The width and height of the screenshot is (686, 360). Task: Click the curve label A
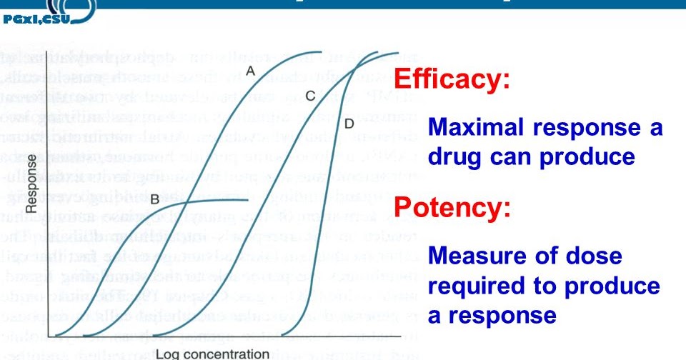coord(250,70)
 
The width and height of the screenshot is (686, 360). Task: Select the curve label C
coord(309,95)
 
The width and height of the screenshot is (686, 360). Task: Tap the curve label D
coord(349,124)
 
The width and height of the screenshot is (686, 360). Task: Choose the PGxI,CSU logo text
coord(36,19)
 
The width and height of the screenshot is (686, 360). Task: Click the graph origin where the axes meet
coord(48,336)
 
